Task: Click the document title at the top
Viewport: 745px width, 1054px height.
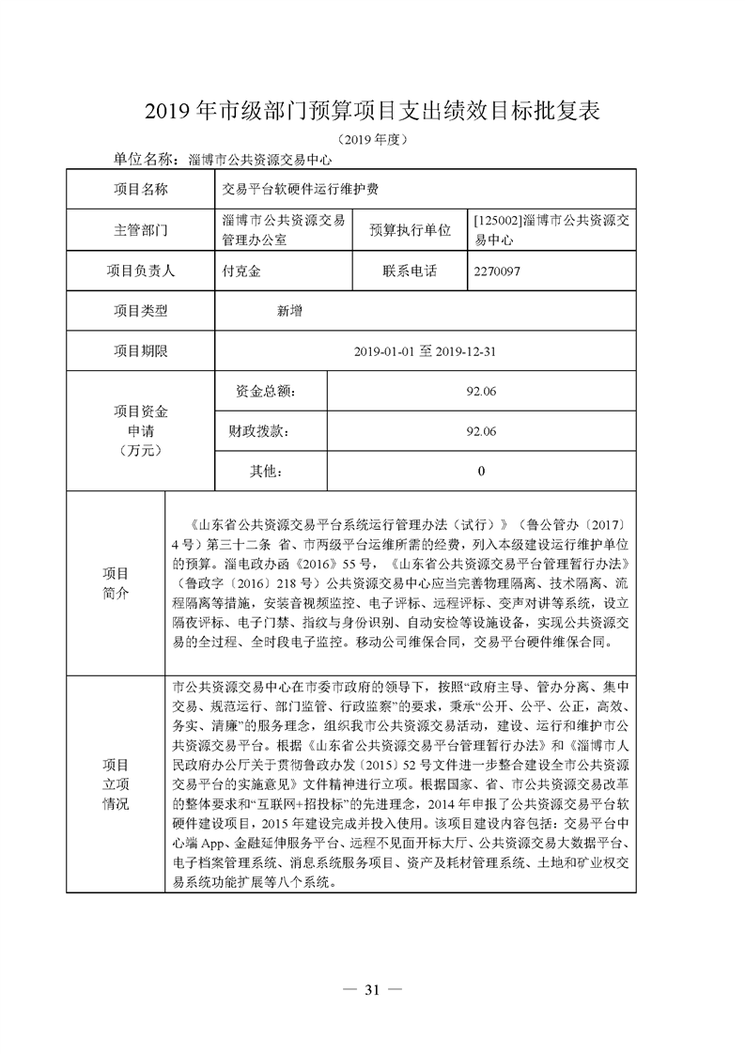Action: coord(372,111)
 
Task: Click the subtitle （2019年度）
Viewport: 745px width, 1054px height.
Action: coord(371,139)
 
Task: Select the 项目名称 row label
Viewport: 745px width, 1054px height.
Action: coord(141,189)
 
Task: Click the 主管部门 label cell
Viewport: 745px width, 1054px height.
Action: coord(141,229)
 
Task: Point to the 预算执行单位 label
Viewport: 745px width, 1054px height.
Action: coord(410,229)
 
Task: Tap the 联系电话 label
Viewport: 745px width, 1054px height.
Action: coord(410,271)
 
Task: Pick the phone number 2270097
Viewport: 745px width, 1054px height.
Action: coord(498,271)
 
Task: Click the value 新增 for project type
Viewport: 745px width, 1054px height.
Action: coord(289,311)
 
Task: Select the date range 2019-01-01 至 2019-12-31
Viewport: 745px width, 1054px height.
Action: coord(425,351)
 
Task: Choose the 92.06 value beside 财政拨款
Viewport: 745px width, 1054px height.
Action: coord(480,431)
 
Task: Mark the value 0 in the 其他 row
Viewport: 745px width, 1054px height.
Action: coord(481,472)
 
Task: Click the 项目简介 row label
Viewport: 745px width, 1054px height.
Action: coord(116,582)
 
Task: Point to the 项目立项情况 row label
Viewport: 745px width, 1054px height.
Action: coord(116,784)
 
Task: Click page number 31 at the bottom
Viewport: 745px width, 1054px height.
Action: coord(372,990)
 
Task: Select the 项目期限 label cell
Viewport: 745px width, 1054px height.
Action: coord(141,351)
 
